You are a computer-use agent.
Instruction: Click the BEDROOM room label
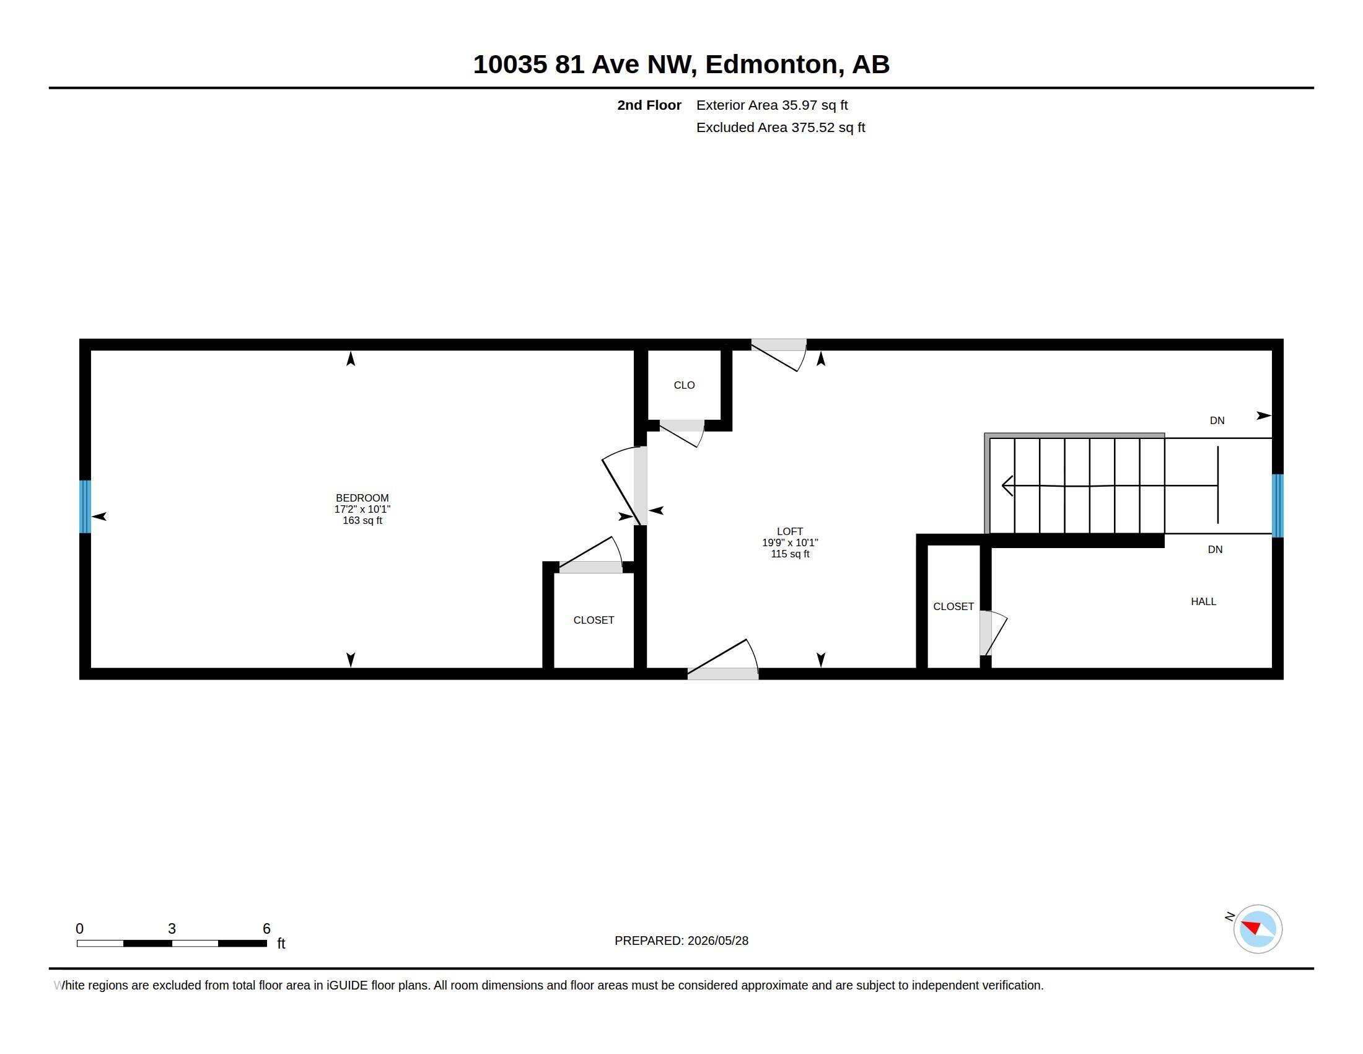362,498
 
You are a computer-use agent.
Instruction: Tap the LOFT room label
789,531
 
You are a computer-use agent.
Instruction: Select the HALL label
1203,601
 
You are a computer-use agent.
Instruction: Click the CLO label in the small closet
684,385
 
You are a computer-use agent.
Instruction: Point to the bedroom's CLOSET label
594,620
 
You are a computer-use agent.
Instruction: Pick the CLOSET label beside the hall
953,606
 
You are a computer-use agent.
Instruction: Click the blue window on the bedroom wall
85,507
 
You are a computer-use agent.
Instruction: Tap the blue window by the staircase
1278,506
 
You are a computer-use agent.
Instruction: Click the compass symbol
1258,929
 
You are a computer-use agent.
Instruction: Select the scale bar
172,943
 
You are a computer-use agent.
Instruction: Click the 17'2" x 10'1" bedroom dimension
362,509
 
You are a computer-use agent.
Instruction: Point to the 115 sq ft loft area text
789,554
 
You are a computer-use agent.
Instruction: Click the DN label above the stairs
1217,420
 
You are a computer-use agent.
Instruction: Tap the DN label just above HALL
1214,549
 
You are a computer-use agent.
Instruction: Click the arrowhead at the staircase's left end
1006,485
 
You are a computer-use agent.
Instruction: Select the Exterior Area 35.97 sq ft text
772,105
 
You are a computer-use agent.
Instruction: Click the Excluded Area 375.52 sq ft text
781,127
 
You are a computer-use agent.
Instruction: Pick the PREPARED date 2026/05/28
717,941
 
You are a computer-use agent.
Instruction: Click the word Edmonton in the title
771,64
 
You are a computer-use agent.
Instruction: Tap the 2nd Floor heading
649,105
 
